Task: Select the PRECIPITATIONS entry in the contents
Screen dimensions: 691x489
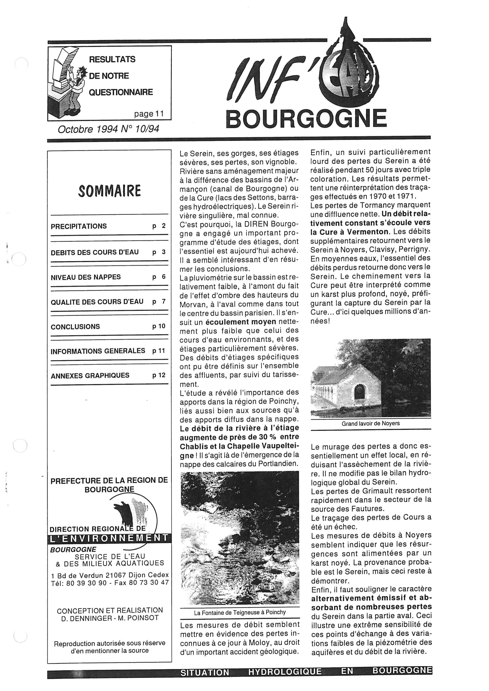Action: (x=79, y=226)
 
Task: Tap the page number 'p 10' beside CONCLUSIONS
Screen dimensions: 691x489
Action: (x=159, y=326)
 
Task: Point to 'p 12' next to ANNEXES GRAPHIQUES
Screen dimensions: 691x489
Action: (x=159, y=375)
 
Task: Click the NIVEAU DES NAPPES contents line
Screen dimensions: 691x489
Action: (x=86, y=277)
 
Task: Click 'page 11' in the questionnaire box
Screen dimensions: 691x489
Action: (x=149, y=114)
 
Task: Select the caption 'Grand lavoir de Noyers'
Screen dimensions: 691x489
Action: (x=370, y=423)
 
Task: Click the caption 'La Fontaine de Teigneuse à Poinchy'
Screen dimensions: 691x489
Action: (x=240, y=612)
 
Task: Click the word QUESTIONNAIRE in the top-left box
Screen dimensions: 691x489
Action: (x=121, y=92)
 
